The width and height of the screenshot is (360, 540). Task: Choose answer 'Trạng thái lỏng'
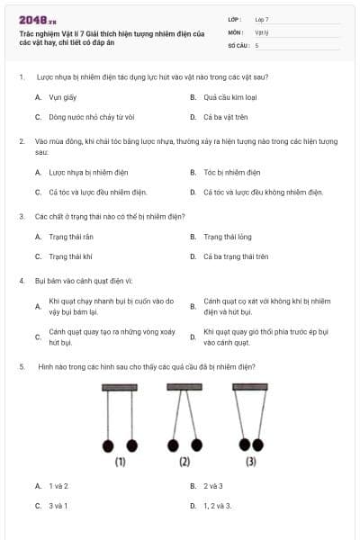point(227,237)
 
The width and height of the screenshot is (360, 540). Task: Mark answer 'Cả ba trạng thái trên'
point(236,256)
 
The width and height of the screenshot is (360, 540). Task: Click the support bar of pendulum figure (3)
point(250,387)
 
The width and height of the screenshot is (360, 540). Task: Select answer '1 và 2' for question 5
point(58,486)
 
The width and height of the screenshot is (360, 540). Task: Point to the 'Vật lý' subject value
point(262,31)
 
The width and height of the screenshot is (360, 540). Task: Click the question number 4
point(21,281)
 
